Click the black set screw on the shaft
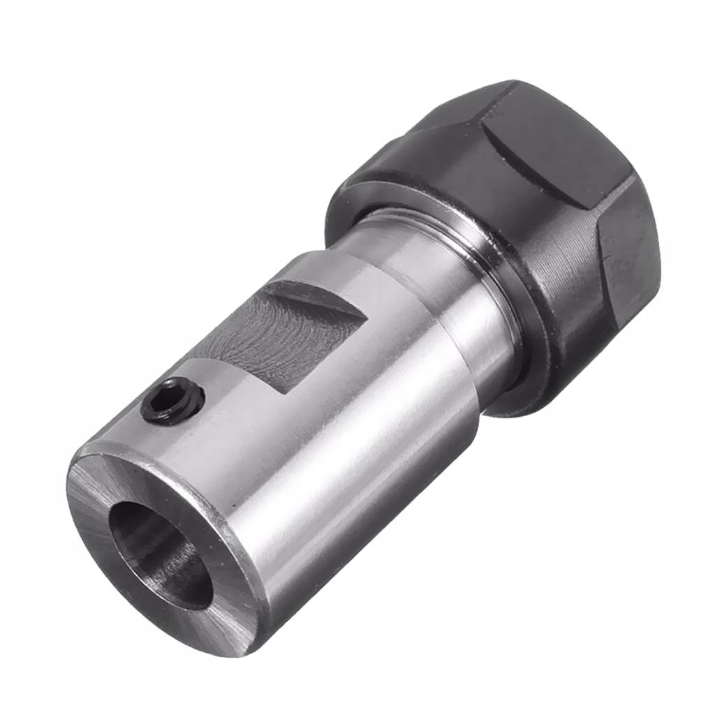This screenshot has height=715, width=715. pos(172,401)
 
